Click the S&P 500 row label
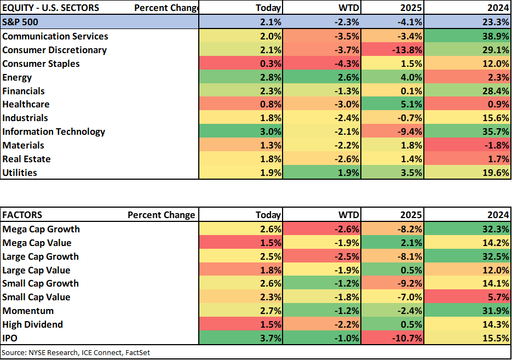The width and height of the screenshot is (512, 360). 20,22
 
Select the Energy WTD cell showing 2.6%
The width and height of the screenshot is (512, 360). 321,77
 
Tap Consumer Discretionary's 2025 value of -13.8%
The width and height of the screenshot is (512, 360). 392,50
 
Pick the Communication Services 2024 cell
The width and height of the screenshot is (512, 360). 467,36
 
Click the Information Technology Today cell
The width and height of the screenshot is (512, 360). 240,132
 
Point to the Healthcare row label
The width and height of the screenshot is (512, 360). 26,104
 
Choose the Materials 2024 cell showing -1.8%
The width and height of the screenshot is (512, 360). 467,145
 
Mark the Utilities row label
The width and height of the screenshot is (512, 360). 20,173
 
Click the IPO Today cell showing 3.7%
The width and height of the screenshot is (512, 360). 240,338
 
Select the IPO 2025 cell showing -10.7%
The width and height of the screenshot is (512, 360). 392,338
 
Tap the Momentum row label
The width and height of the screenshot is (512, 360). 28,311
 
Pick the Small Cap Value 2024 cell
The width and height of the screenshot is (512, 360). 467,297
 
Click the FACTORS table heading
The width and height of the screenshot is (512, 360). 22,215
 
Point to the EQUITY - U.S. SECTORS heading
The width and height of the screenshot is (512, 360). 50,8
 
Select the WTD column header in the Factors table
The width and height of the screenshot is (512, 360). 349,215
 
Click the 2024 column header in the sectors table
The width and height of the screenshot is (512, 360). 498,8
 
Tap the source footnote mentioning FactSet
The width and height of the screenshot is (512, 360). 76,352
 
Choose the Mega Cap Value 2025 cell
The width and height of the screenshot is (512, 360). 392,243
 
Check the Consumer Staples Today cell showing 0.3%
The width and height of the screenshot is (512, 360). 240,64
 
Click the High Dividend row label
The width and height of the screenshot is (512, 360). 32,324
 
